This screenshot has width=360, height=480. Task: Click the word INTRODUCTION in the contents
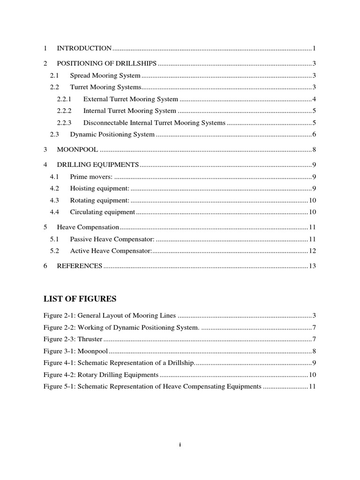(84, 48)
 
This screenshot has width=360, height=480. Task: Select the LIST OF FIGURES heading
(80, 299)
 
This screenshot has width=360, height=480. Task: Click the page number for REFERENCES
(313, 266)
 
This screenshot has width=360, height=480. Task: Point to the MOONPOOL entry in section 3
(78, 150)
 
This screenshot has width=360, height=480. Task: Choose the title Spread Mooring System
(105, 75)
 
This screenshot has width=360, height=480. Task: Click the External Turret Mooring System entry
(131, 99)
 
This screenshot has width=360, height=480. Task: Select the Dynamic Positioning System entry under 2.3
(112, 135)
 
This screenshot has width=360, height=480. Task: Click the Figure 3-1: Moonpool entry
(75, 351)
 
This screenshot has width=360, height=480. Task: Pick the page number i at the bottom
(180, 445)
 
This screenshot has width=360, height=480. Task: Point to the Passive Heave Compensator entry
(112, 239)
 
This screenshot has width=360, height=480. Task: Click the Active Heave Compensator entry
(111, 251)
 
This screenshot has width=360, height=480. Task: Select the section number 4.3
(54, 200)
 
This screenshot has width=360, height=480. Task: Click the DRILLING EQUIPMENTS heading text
(98, 165)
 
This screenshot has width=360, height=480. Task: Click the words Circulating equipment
(103, 212)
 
